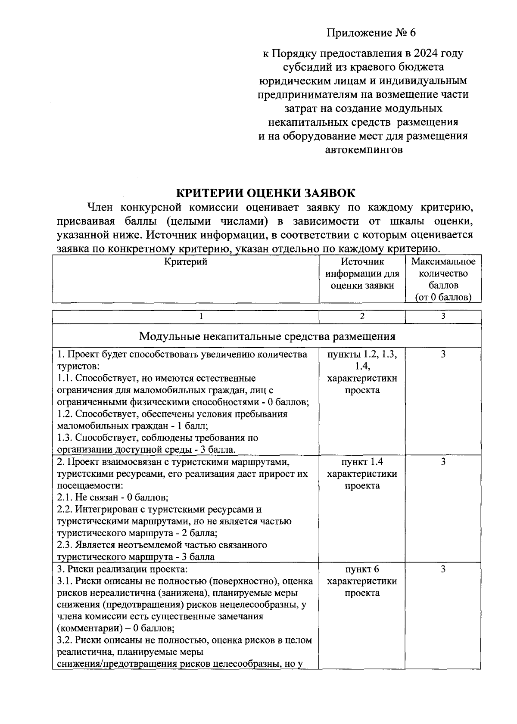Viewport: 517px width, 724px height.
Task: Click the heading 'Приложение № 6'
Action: [x=372, y=33]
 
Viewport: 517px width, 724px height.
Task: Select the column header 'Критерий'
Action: [x=186, y=262]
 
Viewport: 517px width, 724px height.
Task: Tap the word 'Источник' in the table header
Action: [x=362, y=262]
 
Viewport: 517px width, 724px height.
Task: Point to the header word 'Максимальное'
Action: [x=443, y=262]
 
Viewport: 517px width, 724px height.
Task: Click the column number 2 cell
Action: [x=362, y=317]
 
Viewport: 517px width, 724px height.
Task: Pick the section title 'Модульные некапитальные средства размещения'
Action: [x=267, y=336]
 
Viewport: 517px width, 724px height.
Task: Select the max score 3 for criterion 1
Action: [x=443, y=354]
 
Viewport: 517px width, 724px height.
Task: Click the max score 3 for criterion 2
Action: [x=443, y=462]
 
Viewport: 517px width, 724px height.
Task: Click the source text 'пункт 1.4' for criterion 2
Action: [x=362, y=462]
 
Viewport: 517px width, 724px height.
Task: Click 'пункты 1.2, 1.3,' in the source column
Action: [x=362, y=354]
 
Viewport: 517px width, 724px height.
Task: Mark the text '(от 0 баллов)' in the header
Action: [x=443, y=297]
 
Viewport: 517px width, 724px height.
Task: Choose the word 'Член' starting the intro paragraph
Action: [x=100, y=208]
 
